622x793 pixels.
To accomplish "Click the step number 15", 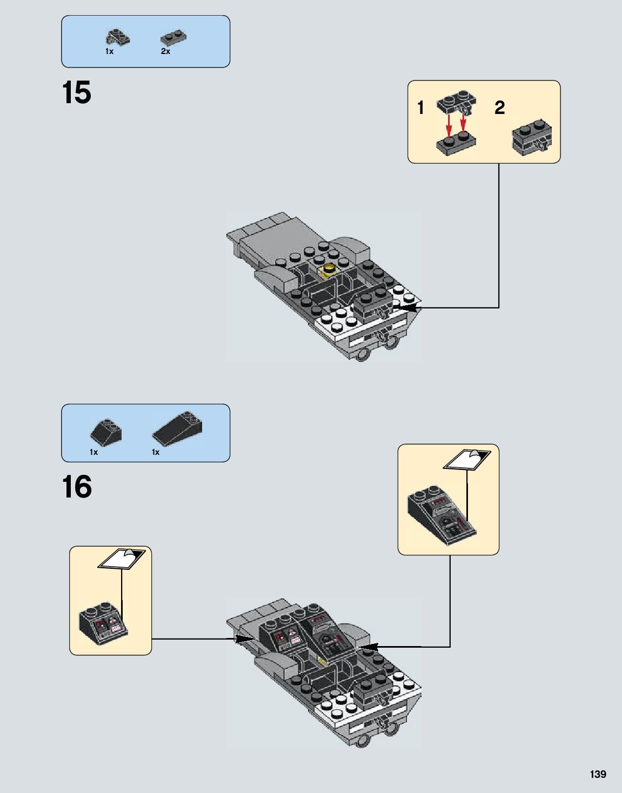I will point(77,93).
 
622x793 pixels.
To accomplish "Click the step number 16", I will point(77,487).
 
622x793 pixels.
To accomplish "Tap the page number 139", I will point(598,774).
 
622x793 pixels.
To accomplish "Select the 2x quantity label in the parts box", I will point(165,51).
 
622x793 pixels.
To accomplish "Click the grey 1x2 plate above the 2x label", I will point(173,38).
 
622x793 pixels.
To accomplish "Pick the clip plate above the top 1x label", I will point(117,37).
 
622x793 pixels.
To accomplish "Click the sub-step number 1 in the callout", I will point(420,107).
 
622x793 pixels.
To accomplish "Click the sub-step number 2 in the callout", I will point(499,107).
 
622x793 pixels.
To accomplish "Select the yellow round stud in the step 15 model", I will point(328,268).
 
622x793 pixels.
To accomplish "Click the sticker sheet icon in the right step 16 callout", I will point(467,459).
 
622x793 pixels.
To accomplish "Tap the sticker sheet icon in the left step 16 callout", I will point(122,559).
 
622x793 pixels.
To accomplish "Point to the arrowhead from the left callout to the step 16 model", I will point(246,639).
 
